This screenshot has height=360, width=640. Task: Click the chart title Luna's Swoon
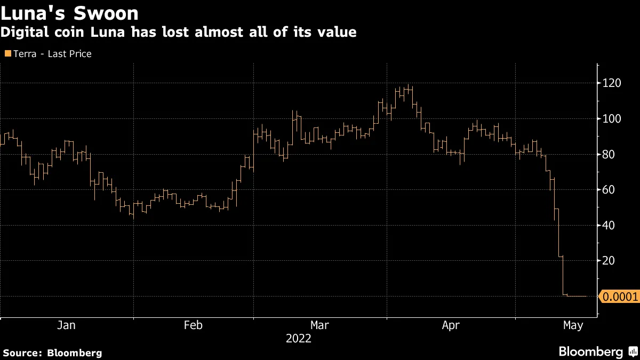(x=70, y=13)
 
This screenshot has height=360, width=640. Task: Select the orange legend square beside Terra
(x=7, y=53)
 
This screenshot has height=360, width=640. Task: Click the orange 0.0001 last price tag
(x=619, y=297)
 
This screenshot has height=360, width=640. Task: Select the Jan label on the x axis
(x=66, y=325)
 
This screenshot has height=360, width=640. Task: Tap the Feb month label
(x=193, y=325)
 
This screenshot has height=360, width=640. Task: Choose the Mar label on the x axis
(x=319, y=325)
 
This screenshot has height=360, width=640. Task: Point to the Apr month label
(x=451, y=325)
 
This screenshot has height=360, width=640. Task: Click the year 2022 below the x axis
(x=299, y=339)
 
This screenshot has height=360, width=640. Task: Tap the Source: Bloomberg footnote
(x=52, y=353)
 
